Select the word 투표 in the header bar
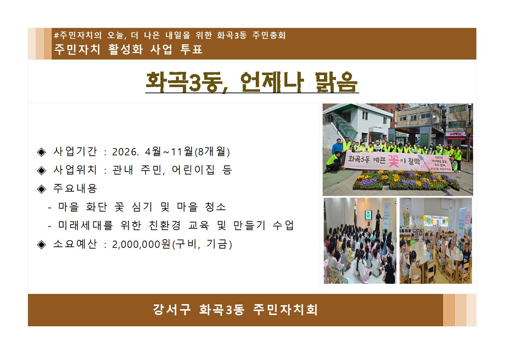[191, 49]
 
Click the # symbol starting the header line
[56, 36]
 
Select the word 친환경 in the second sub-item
[165, 226]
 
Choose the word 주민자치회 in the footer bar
[286, 310]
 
